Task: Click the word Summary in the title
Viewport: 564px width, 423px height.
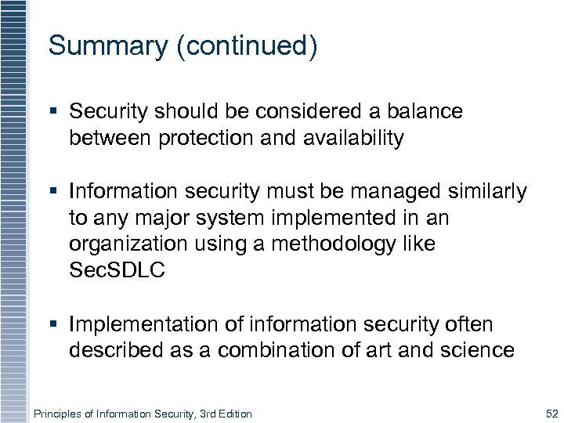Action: coord(107,45)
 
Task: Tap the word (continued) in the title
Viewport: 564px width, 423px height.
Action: coord(247,46)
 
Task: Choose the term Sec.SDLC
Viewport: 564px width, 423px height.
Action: coord(117,271)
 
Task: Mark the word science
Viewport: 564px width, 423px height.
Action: coord(476,350)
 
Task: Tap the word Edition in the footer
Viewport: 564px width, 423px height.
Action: coord(233,414)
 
